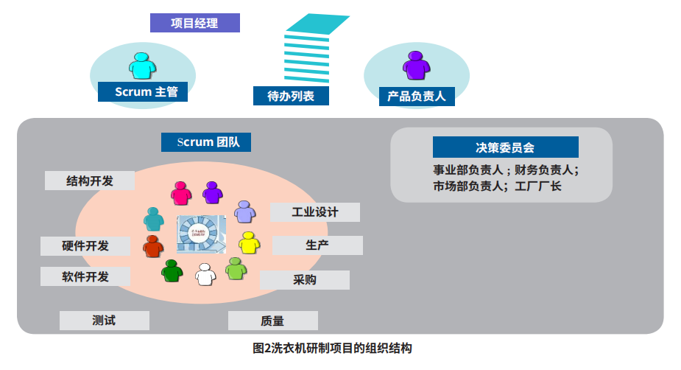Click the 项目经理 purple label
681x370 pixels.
[x=194, y=23]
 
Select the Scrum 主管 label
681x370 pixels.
[x=143, y=92]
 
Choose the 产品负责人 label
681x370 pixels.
[x=417, y=96]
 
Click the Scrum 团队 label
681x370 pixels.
[x=206, y=142]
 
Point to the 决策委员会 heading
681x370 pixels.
[x=505, y=147]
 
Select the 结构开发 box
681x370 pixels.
[x=90, y=181]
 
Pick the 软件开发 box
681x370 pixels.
[x=85, y=276]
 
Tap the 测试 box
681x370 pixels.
[x=104, y=321]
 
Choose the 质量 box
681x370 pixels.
[x=272, y=321]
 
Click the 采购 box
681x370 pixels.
[x=305, y=280]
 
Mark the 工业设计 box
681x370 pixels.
[x=315, y=212]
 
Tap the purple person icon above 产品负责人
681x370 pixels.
[x=416, y=66]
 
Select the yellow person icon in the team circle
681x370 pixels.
[x=250, y=242]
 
